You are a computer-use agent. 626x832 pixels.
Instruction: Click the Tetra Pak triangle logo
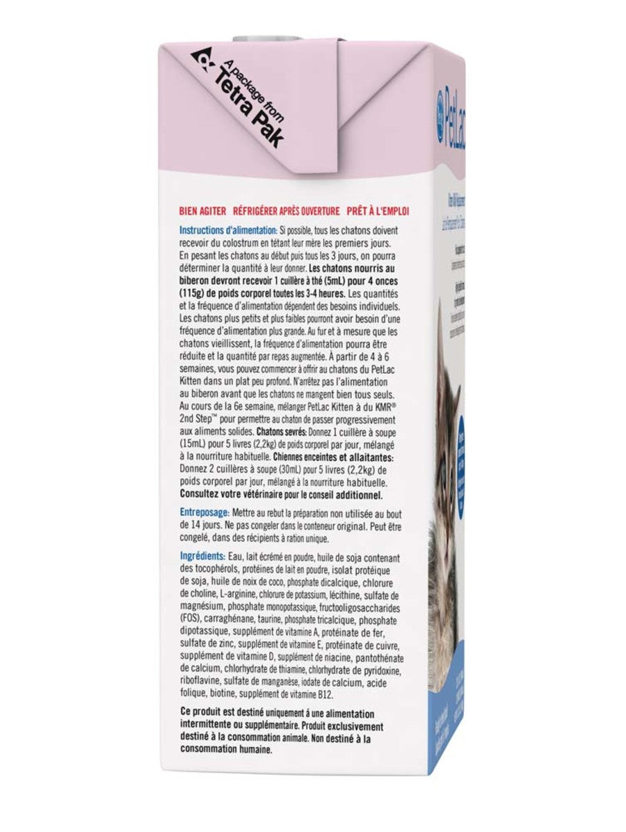(203, 64)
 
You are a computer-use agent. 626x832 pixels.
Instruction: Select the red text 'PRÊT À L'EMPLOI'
(387, 211)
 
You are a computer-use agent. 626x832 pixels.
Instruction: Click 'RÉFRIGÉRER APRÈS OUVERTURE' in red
(287, 211)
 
